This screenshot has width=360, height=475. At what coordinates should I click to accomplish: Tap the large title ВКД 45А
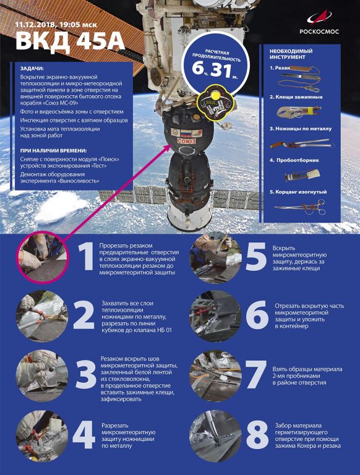coord(70,41)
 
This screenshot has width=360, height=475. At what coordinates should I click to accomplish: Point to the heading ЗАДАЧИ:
coord(32,69)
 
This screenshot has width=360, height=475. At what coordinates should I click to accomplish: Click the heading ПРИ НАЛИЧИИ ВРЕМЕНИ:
coord(53,150)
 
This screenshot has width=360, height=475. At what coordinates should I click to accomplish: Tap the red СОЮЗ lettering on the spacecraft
coord(187,141)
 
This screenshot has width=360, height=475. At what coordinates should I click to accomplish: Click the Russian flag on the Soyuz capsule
coord(186,133)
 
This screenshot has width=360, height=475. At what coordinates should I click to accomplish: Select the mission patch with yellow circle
coord(215,103)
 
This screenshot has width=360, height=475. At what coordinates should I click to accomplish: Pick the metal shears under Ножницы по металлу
coord(302,143)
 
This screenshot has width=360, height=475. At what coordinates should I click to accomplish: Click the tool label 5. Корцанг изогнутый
coord(298,192)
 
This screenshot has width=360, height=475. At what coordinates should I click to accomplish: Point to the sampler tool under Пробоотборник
coord(302,175)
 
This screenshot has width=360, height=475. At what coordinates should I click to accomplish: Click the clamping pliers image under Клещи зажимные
coord(299,111)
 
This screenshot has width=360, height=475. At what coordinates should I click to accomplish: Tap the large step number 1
coord(86,256)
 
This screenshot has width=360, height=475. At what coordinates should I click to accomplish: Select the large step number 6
coord(257,314)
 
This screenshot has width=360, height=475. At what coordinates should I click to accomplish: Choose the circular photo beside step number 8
coord(216,436)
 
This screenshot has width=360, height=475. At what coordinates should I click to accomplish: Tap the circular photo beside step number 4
coord(42,436)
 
